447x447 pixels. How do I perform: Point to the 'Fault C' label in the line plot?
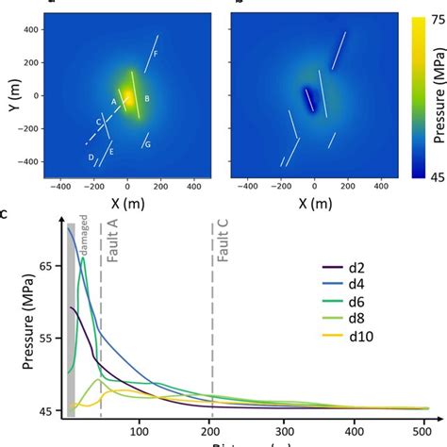click(223, 253)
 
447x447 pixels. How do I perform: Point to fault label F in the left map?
click(156, 55)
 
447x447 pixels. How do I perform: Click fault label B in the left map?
click(147, 98)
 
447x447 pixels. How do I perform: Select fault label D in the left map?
click(91, 157)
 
